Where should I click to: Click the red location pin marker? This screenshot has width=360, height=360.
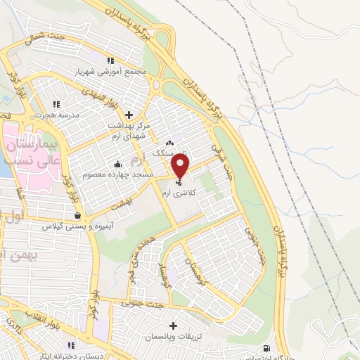[x=181, y=166]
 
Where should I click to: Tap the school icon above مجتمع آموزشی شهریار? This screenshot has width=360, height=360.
[x=110, y=60]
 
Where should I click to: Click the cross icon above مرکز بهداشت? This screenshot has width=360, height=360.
[x=128, y=114]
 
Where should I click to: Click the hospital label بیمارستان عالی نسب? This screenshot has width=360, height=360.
[x=30, y=152]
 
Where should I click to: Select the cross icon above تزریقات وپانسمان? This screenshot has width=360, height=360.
[x=173, y=326]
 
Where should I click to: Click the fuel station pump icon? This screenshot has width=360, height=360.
[x=265, y=349]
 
